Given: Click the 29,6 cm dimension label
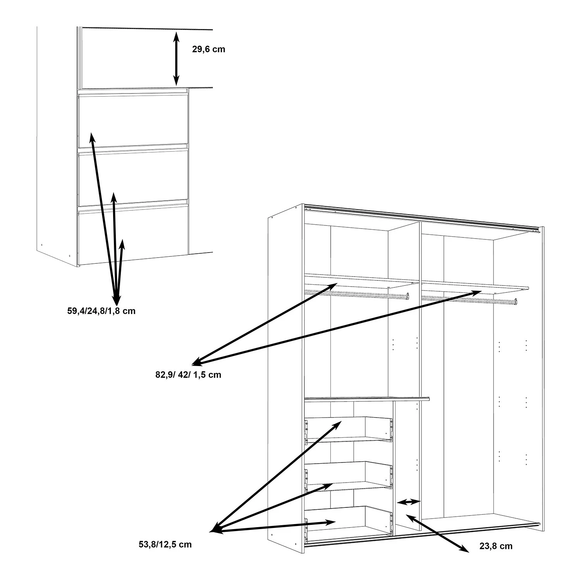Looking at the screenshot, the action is (208, 49).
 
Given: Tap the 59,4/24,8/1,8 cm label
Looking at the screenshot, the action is (101, 311).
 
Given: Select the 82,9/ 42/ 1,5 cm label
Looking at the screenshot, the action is (186, 375).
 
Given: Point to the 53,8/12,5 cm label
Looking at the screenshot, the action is (165, 544).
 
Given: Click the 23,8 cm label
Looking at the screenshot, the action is (496, 546).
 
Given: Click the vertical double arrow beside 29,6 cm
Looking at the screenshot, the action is (176, 59).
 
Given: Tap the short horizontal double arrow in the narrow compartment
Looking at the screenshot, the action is (409, 502).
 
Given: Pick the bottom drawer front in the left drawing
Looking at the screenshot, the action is (133, 235).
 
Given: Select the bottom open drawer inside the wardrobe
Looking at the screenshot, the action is (349, 521).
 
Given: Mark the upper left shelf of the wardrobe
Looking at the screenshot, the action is (362, 281).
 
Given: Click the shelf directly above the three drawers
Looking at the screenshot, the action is (367, 399).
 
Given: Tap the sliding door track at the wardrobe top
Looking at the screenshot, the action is (422, 219).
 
